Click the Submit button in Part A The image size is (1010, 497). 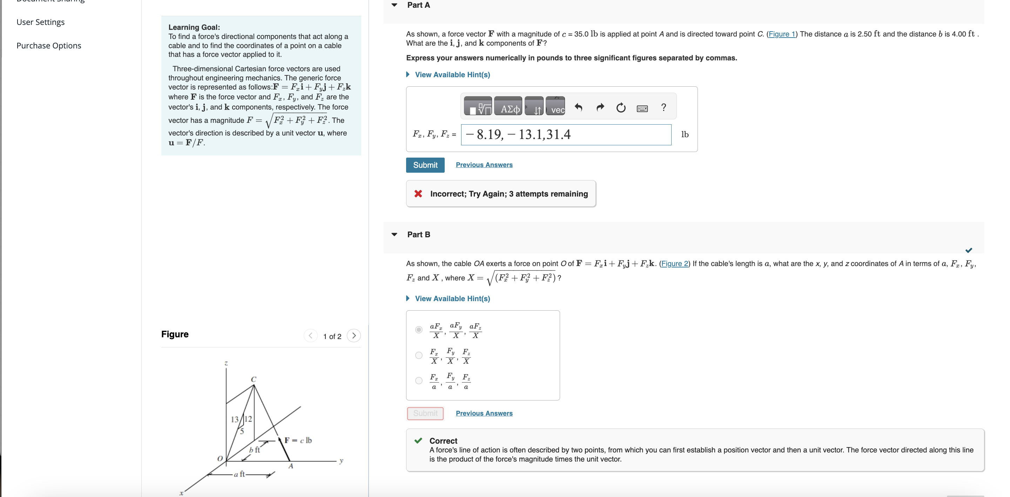(x=425, y=165)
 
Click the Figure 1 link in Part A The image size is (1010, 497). (x=781, y=34)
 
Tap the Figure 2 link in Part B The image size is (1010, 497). (x=674, y=264)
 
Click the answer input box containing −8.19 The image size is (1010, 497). (x=566, y=135)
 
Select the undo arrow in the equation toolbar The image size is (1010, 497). (x=578, y=107)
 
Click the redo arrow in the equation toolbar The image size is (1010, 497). (x=600, y=107)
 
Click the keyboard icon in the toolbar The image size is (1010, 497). (x=642, y=108)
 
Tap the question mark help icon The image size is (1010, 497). (x=664, y=107)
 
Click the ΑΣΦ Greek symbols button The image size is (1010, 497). (x=508, y=107)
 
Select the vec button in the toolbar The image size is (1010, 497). (x=555, y=107)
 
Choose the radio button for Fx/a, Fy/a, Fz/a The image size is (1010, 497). (x=419, y=380)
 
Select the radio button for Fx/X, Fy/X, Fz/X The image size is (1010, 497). (x=419, y=356)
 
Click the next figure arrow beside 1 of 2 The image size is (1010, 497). (x=353, y=336)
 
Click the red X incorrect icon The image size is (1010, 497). (x=418, y=194)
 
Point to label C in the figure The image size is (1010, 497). (x=254, y=379)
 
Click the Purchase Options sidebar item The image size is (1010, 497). (x=49, y=46)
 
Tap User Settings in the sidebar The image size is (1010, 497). (x=40, y=22)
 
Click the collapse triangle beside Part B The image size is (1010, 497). (x=395, y=234)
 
